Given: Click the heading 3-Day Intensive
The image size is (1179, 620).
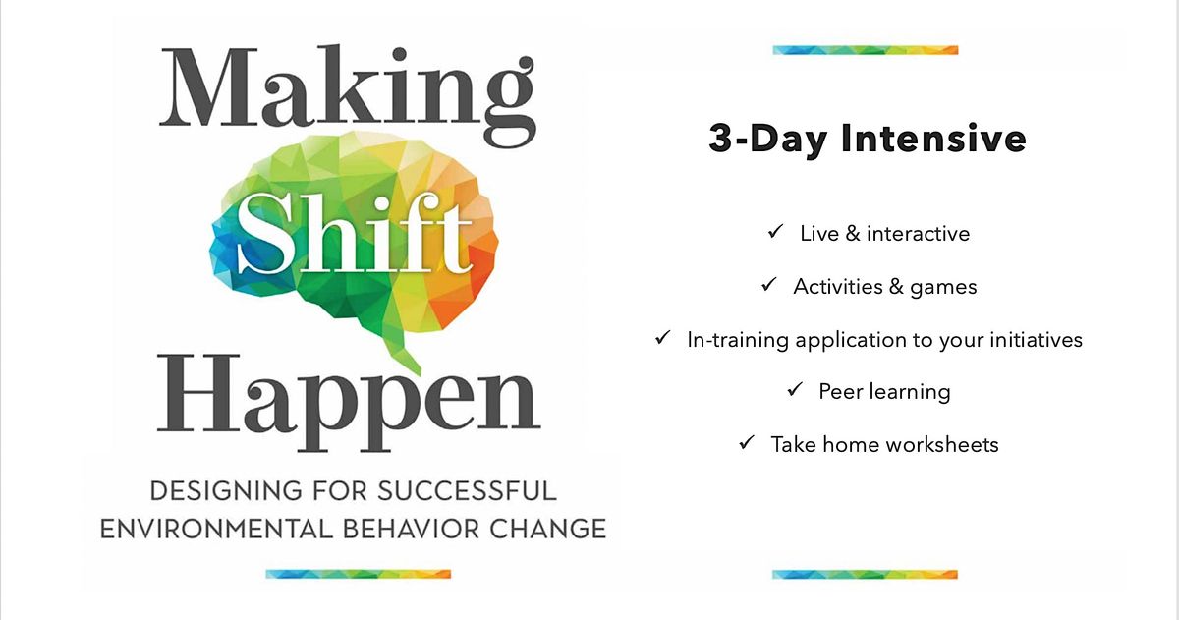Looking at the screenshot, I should (x=867, y=139).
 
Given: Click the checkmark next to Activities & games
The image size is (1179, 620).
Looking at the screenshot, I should (x=769, y=286).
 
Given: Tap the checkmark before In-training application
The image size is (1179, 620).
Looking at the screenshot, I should (x=663, y=339).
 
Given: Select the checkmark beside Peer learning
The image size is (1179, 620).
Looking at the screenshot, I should (x=795, y=391).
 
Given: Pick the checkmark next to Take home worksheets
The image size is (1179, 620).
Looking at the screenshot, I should (x=747, y=444).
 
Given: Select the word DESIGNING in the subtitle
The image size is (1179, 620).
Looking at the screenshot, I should (x=219, y=489).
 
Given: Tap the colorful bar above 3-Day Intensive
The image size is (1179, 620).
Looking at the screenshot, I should (x=865, y=50).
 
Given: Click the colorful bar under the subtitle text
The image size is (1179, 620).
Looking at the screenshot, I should (x=358, y=574).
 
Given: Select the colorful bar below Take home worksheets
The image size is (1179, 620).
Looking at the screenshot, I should (x=865, y=574).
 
